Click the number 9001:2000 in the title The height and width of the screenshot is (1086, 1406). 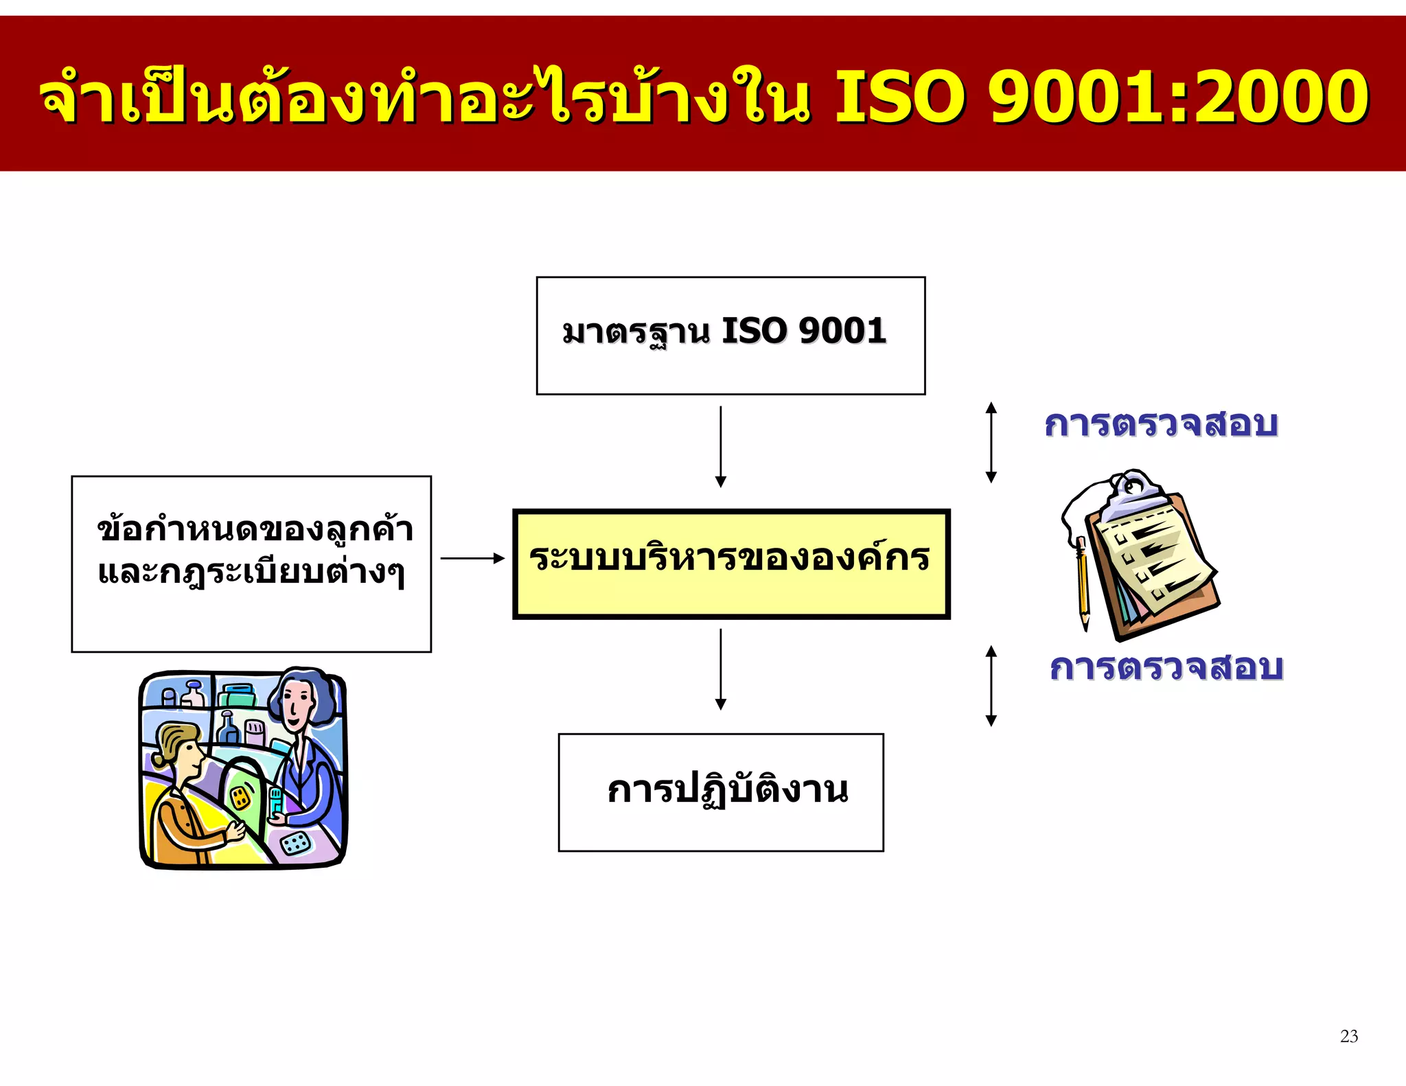pyautogui.click(x=1179, y=96)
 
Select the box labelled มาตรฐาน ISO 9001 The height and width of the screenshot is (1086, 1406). pyautogui.click(x=730, y=335)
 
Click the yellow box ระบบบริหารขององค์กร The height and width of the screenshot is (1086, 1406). pyautogui.click(x=731, y=564)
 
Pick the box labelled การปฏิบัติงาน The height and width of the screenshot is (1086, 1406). pyautogui.click(x=721, y=792)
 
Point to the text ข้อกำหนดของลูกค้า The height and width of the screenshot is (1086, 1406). pyautogui.click(x=255, y=530)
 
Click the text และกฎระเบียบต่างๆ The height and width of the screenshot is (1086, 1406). pyautogui.click(x=251, y=573)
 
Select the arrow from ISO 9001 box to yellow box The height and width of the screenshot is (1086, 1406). pyautogui.click(x=720, y=446)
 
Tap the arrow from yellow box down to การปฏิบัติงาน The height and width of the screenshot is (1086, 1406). pyautogui.click(x=720, y=669)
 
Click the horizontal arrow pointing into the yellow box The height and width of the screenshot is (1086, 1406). pyautogui.click(x=472, y=558)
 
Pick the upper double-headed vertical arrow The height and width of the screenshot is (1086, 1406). pyautogui.click(x=991, y=442)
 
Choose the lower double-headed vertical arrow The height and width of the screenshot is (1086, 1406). pyautogui.click(x=991, y=686)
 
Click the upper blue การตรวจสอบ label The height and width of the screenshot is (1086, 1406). pyautogui.click(x=1161, y=424)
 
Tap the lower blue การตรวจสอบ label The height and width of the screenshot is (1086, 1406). pyautogui.click(x=1166, y=667)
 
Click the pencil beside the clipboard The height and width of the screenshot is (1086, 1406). pyautogui.click(x=1083, y=584)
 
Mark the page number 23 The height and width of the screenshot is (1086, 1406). pyautogui.click(x=1348, y=1036)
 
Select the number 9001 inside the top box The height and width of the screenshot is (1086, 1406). pyautogui.click(x=842, y=331)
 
